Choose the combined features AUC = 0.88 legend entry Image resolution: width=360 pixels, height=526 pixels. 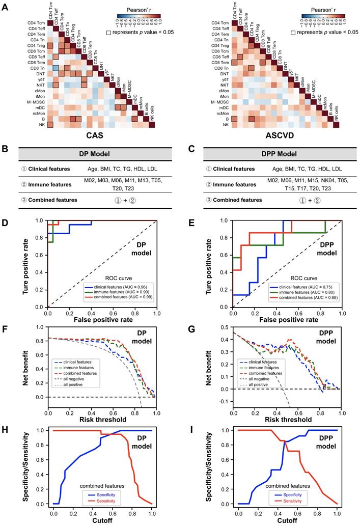coord(300,296)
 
